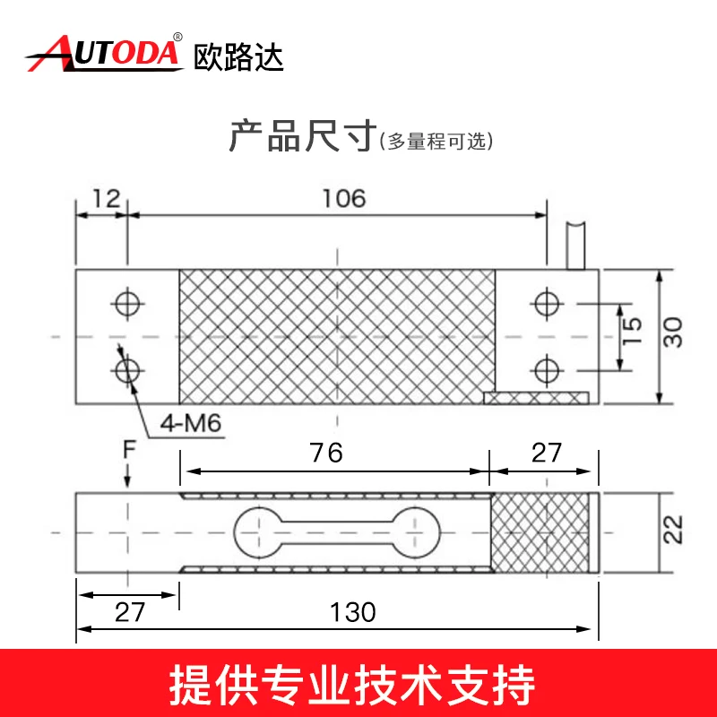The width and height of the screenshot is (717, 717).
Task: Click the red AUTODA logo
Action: [x=104, y=53]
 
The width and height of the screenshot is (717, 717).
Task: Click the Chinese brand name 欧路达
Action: [x=238, y=57]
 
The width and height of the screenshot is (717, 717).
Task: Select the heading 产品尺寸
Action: [x=303, y=135]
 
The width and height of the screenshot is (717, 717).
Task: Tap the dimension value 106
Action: [x=344, y=198]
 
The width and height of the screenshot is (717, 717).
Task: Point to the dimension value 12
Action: [x=106, y=198]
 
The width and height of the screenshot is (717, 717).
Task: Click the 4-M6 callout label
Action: [x=191, y=423]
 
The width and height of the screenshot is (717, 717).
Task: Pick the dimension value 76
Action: [x=326, y=453]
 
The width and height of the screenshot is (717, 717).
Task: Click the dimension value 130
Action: [x=352, y=612]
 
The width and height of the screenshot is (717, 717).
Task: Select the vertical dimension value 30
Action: [x=673, y=333]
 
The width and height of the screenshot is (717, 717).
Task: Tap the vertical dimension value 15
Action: [x=633, y=330]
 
